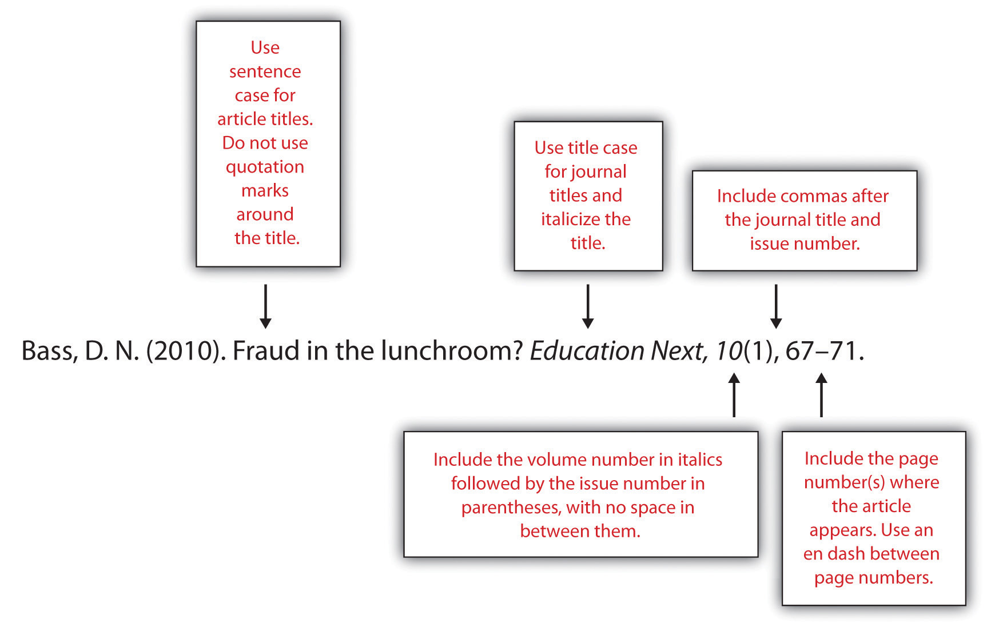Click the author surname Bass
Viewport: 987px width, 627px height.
point(49,352)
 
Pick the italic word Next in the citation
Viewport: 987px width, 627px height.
point(680,352)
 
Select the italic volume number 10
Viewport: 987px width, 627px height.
point(729,351)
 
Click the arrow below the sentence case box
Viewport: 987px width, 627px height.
point(265,306)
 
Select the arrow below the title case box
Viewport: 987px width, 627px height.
point(587,306)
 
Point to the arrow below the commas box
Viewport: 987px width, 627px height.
point(776,306)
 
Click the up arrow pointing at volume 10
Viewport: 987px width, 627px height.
point(734,394)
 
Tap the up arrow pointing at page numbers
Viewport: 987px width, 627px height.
point(821,394)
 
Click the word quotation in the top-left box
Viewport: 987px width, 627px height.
point(265,167)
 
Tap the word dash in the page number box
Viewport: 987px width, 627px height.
point(846,553)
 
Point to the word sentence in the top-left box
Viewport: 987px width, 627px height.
point(265,72)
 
